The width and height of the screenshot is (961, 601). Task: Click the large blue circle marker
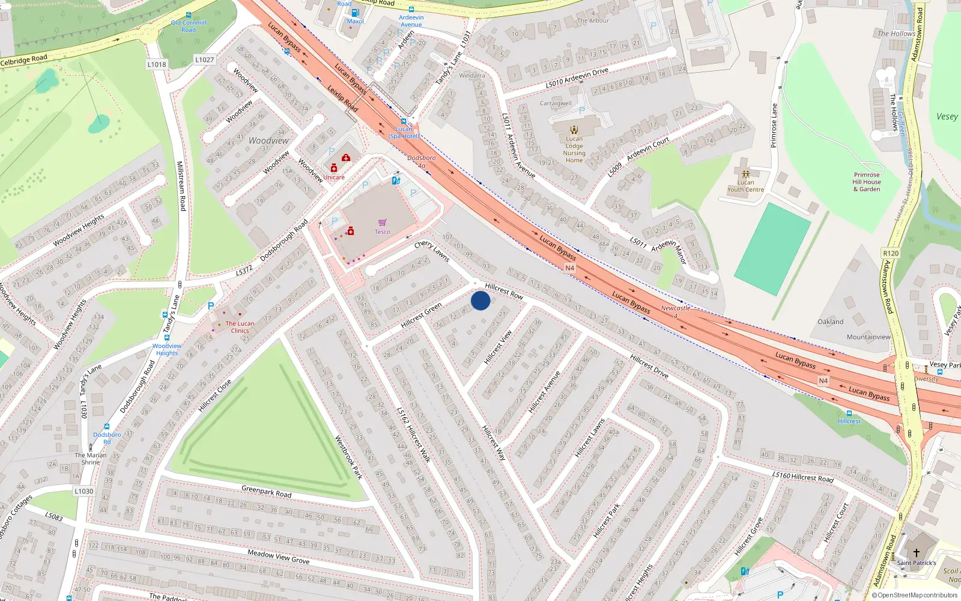coord(480,300)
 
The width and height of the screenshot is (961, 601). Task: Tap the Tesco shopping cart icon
coord(383,222)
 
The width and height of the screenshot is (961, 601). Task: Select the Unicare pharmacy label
coord(335,177)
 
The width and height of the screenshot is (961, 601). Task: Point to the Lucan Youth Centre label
coord(745,186)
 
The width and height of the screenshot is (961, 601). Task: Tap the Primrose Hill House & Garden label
coord(867,182)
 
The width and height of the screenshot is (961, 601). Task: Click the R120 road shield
coord(891,253)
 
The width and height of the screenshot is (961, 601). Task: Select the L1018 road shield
coord(157,64)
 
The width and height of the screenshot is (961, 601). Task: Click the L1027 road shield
coord(204,59)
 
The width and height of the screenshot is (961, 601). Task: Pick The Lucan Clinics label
coord(240,327)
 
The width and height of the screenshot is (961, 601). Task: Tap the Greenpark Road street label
coord(266,492)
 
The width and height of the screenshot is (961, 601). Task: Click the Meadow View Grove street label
coord(279,557)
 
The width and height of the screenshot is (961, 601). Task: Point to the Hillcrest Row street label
coord(504,291)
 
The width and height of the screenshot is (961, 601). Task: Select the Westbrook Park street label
coord(348,457)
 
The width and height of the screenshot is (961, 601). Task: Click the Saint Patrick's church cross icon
coord(917,553)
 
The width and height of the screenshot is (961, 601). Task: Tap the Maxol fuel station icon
coord(355,13)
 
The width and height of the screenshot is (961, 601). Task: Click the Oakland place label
coord(831,322)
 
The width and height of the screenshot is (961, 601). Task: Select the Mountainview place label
coord(869,337)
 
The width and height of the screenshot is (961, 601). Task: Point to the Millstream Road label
coord(181,186)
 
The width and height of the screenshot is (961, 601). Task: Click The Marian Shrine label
coord(91,459)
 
